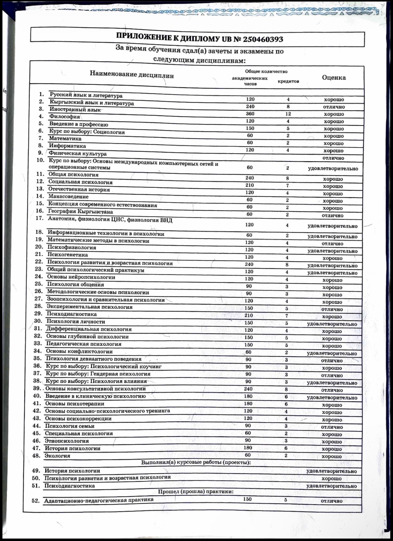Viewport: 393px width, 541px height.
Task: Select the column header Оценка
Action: tap(334, 77)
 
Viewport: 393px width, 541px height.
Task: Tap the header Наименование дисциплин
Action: tap(132, 74)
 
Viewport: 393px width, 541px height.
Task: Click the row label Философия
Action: tap(65, 116)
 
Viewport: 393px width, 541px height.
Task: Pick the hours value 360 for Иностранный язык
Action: tap(250, 114)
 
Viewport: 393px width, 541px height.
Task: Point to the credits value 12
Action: tap(288, 114)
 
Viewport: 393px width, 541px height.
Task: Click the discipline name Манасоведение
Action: tap(68, 196)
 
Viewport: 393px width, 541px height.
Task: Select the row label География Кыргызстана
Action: tap(80, 211)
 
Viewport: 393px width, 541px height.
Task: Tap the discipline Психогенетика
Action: tap(67, 255)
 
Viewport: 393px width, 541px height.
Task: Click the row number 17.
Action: tap(40, 218)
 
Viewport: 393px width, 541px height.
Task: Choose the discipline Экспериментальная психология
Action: tap(89, 307)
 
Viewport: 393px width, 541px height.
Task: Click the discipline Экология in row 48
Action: tap(57, 456)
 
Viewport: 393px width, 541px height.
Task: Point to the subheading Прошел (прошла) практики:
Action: tap(196, 492)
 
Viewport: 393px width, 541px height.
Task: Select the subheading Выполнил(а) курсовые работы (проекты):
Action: tap(196, 462)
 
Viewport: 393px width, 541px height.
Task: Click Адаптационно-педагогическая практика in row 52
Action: tap(98, 500)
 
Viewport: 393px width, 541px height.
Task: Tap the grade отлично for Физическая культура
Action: tap(333, 158)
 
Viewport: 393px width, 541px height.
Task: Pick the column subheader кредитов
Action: tap(288, 81)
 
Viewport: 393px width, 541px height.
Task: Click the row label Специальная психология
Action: tap(79, 433)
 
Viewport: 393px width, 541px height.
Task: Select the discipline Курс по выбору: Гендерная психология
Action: tap(98, 374)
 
